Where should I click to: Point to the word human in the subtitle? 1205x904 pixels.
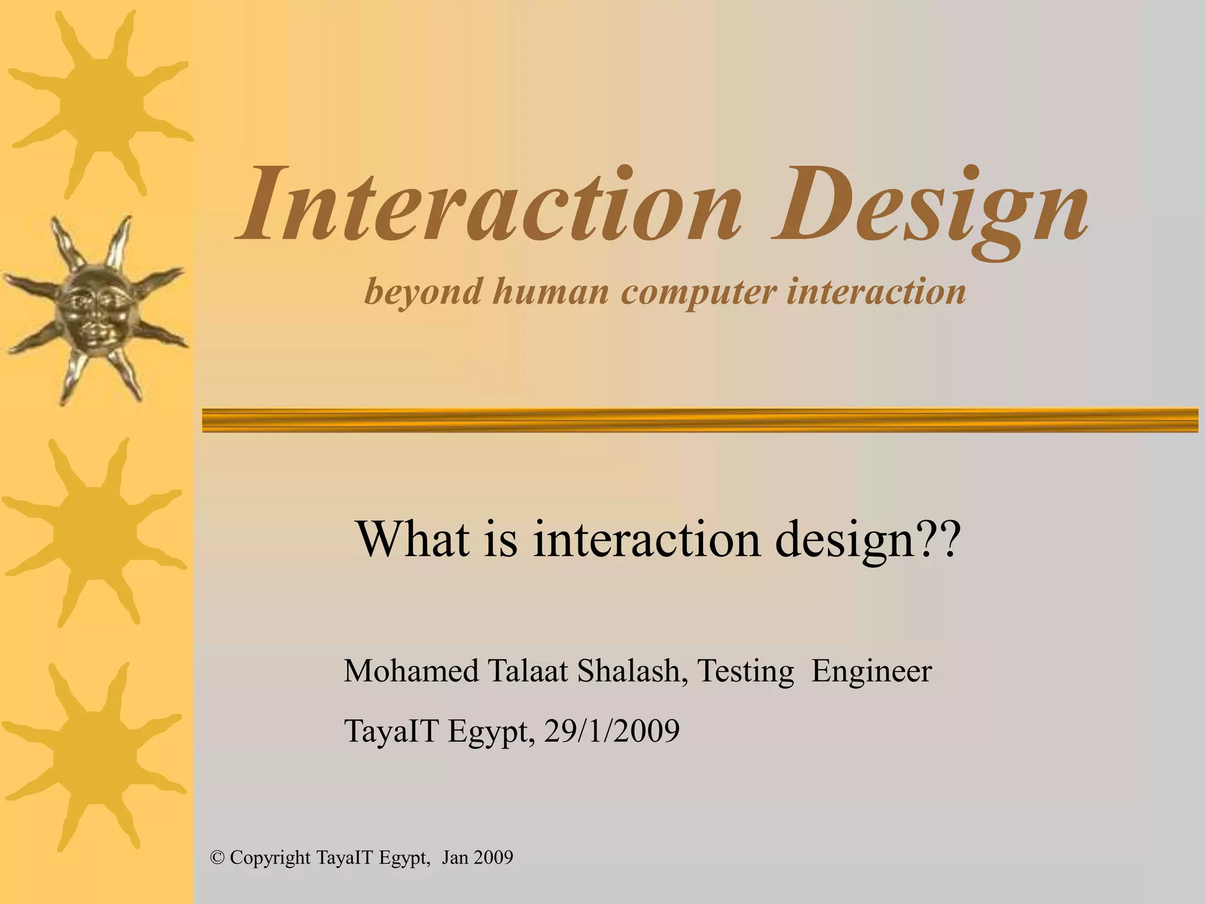coord(551,291)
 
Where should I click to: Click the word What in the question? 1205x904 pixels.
coord(412,539)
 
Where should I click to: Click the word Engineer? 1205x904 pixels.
coord(871,671)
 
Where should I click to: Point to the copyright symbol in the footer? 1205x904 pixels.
coord(217,858)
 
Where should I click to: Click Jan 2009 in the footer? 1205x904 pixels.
coord(477,858)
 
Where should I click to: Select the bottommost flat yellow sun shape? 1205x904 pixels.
coord(94,759)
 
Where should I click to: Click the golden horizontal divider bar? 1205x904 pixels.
coord(700,420)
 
